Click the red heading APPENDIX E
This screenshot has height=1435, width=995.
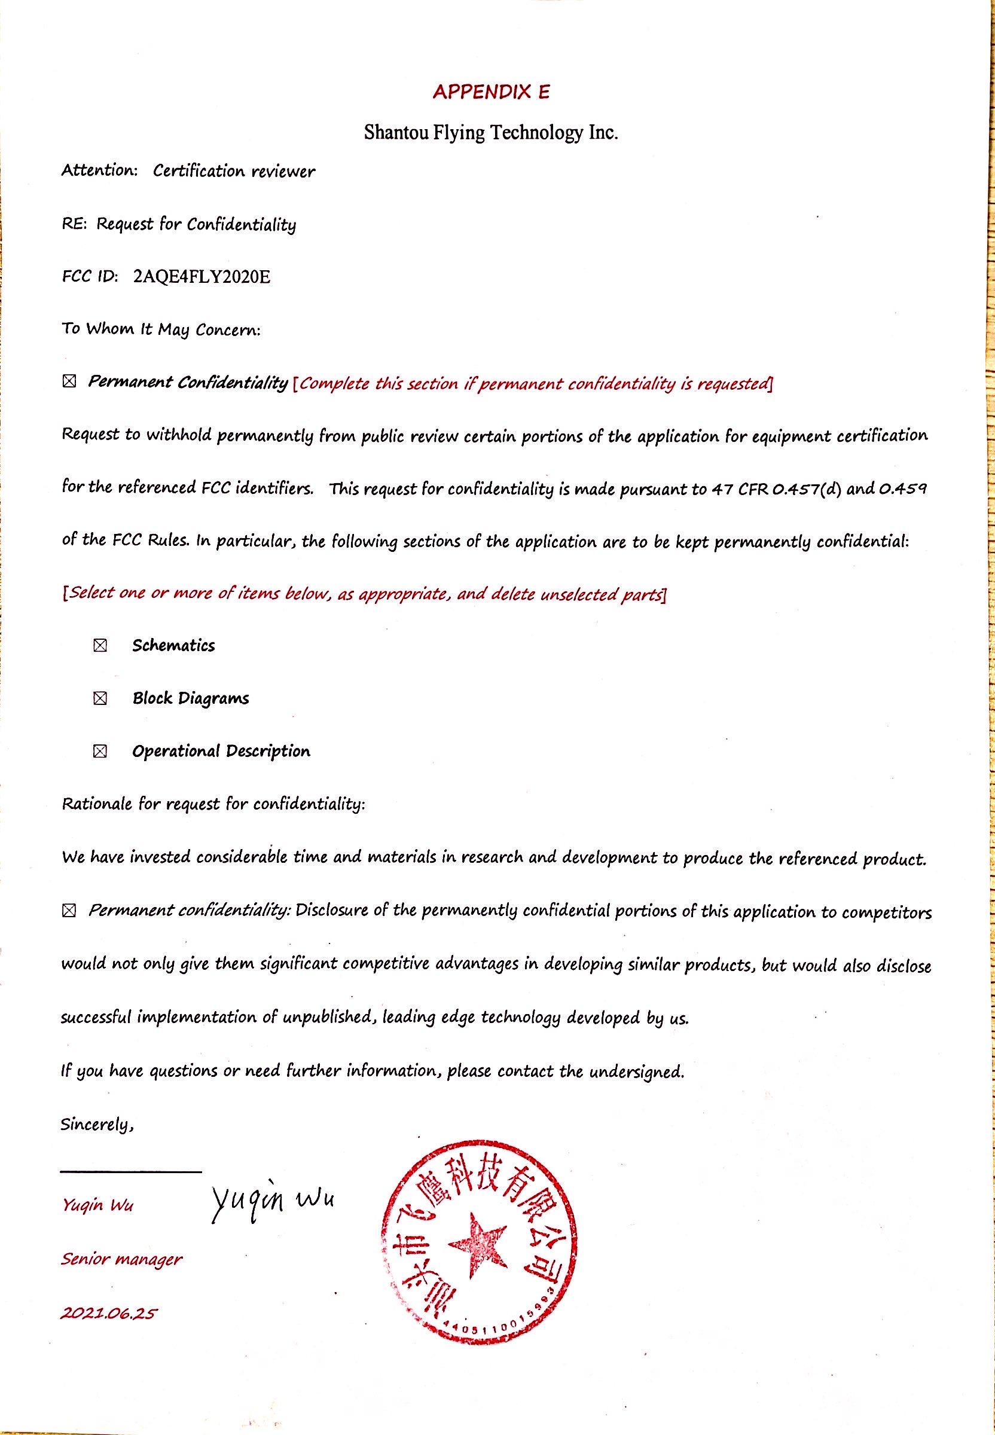[x=492, y=92]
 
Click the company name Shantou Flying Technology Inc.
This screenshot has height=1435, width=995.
[x=491, y=132]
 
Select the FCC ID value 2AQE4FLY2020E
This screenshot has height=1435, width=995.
[x=202, y=276]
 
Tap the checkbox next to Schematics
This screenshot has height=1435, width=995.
[x=100, y=645]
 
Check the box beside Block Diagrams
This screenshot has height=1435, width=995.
[x=100, y=698]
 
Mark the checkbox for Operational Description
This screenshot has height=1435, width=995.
[x=100, y=751]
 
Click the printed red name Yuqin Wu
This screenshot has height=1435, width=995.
[x=97, y=1204]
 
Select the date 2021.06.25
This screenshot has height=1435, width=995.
[x=108, y=1314]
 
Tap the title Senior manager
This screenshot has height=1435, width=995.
[x=121, y=1259]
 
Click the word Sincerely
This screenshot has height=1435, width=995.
[x=97, y=1124]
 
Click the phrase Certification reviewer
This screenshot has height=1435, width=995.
[x=234, y=171]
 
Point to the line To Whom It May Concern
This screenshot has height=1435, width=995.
[x=161, y=328]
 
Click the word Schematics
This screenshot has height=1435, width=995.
[x=173, y=645]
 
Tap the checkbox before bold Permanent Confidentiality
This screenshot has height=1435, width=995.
[x=69, y=381]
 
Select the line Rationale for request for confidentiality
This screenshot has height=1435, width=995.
[x=213, y=804]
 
